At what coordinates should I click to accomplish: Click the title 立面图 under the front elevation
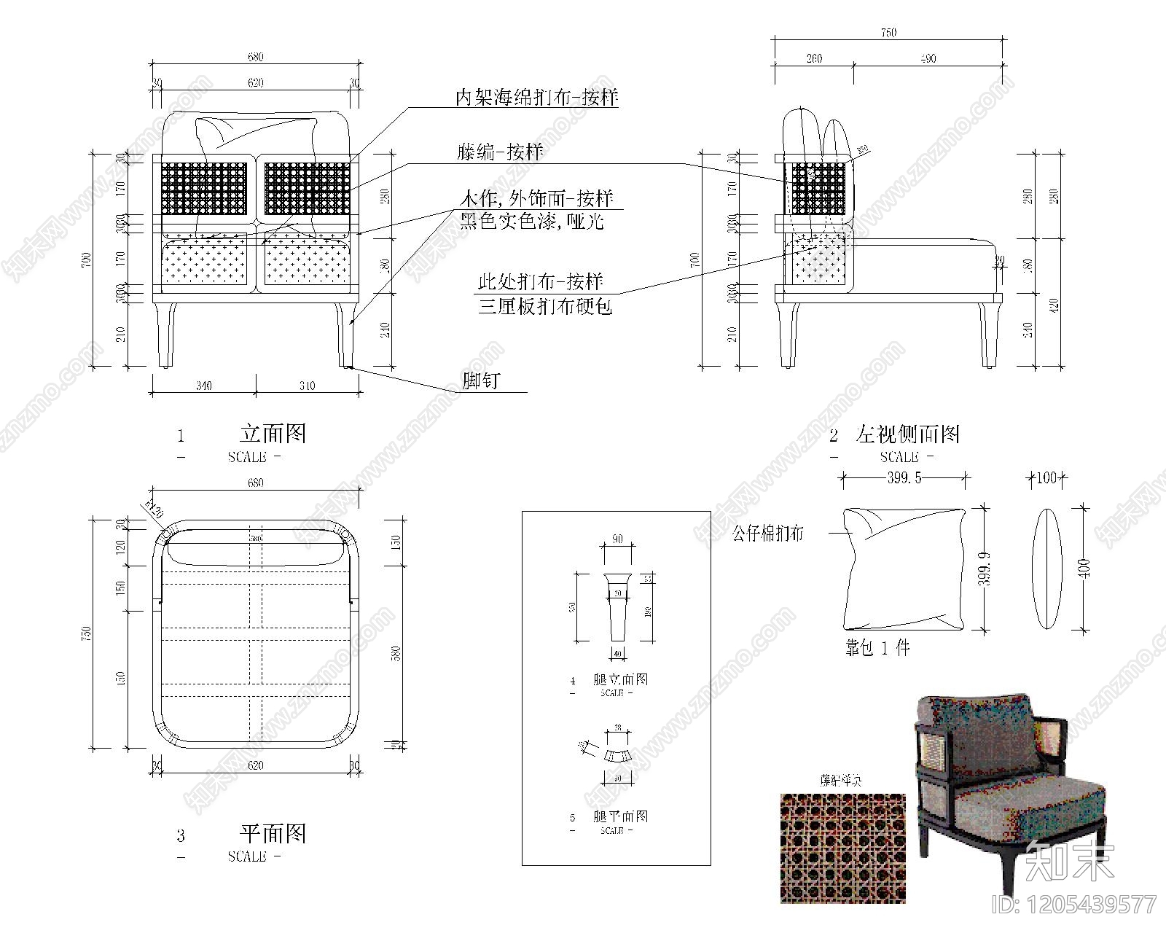click(273, 434)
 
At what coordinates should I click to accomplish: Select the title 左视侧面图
click(908, 435)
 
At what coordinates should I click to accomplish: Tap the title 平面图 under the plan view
click(273, 833)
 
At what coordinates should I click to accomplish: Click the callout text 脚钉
click(480, 380)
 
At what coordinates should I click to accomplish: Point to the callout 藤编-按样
click(500, 153)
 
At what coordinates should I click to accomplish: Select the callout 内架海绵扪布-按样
click(536, 98)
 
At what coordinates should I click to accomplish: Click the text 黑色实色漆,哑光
click(531, 222)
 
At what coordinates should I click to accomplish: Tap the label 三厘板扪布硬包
click(544, 306)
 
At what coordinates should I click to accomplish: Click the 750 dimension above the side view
click(888, 33)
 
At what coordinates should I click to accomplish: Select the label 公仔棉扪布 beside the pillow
click(767, 534)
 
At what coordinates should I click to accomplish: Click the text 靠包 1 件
click(877, 648)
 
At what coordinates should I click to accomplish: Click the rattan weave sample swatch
click(843, 848)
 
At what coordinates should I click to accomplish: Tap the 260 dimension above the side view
click(814, 59)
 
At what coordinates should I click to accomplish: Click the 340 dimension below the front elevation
click(204, 386)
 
